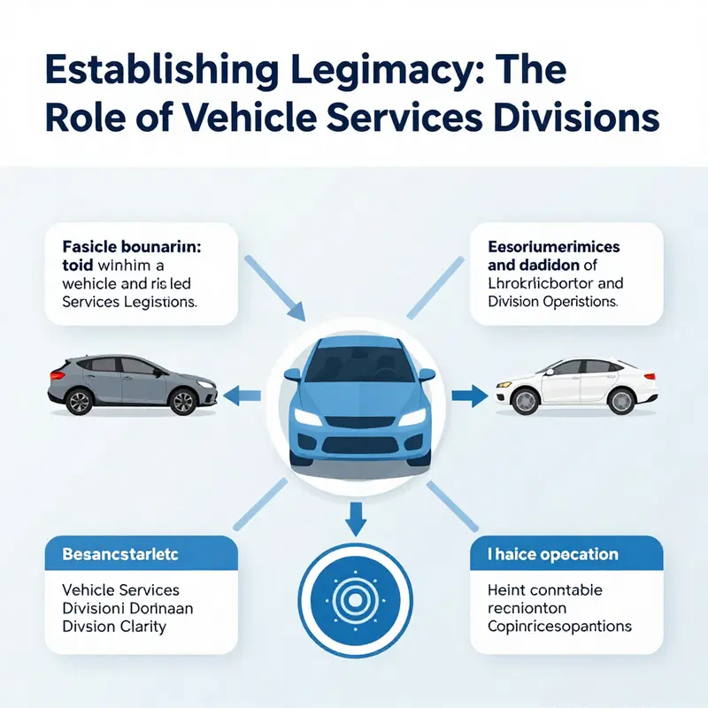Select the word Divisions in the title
pos(583,119)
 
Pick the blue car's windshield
pos(354,361)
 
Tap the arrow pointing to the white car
pos(467,395)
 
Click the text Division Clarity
pos(114,627)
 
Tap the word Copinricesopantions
pos(559,627)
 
